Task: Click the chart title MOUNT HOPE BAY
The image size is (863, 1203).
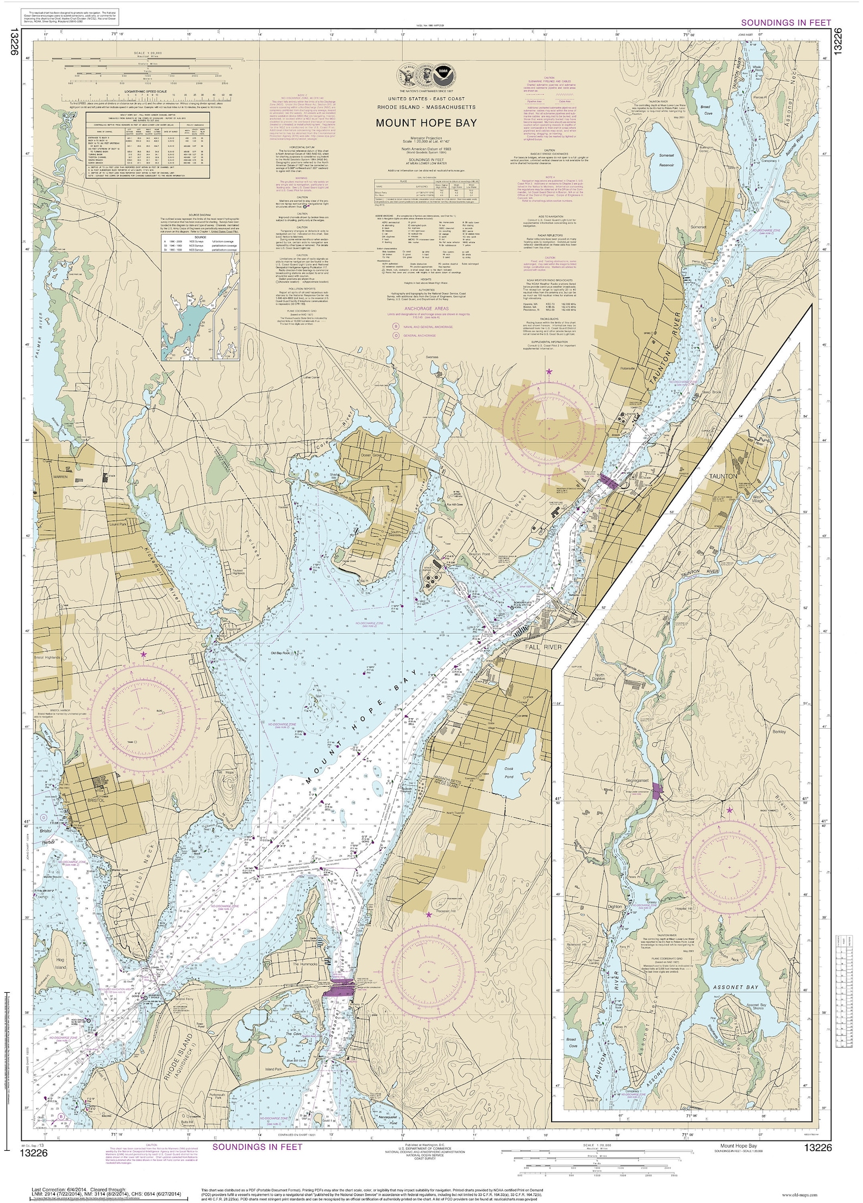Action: (x=426, y=123)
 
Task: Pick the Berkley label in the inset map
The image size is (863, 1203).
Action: (x=779, y=732)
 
